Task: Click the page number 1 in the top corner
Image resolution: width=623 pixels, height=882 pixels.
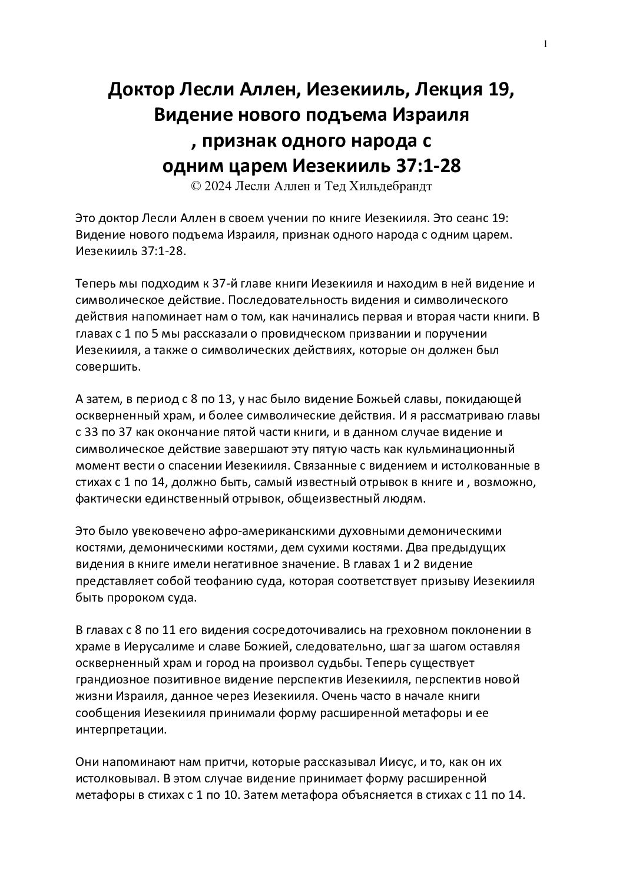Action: (546, 44)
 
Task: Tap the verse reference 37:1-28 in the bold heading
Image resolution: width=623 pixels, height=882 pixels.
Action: (426, 166)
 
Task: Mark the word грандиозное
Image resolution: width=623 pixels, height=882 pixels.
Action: (112, 679)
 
